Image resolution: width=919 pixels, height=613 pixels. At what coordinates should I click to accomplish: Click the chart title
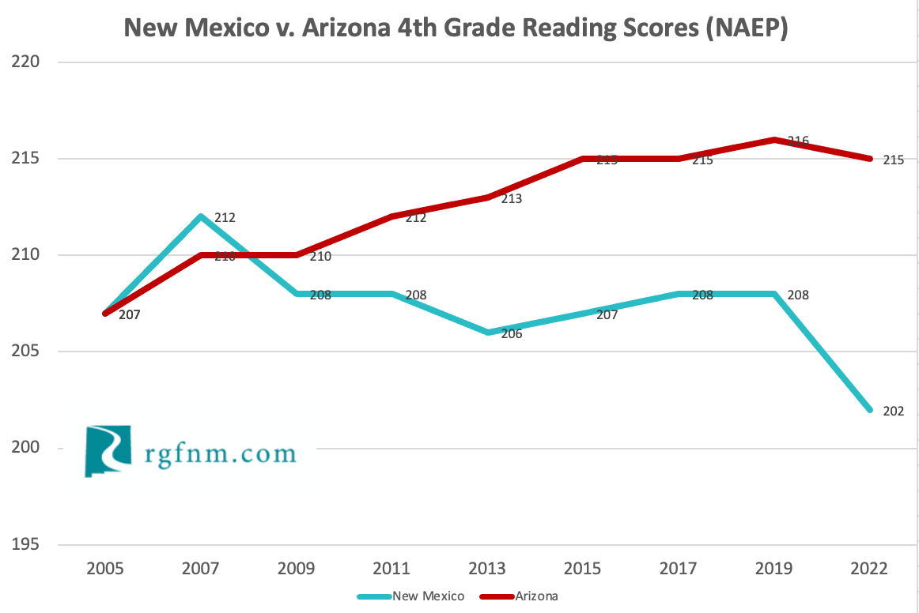tap(456, 29)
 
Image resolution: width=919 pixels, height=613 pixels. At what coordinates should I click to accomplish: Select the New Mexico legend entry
tap(427, 596)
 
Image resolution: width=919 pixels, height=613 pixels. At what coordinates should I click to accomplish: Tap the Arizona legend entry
tap(536, 596)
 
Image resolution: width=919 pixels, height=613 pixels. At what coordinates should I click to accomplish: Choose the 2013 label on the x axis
tap(487, 569)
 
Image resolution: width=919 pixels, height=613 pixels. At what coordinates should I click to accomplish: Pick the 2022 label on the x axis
tap(870, 569)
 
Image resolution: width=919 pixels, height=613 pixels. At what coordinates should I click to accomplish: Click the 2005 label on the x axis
tap(104, 569)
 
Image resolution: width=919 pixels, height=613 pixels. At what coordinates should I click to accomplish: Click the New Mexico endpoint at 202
tap(870, 410)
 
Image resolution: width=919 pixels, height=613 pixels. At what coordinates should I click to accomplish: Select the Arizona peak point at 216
tap(774, 140)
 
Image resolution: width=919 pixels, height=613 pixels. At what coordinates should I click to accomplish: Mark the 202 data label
tap(893, 411)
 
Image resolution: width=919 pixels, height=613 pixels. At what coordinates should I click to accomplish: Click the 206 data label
tap(511, 334)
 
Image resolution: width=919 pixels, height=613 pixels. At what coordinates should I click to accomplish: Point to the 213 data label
tap(511, 199)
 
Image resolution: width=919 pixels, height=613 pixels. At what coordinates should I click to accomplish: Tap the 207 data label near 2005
tap(128, 315)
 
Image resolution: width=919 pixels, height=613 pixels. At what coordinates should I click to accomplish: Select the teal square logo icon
tap(107, 451)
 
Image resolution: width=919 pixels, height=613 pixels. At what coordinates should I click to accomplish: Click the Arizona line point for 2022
tap(870, 159)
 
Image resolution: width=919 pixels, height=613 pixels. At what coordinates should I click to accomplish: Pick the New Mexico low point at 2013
tap(487, 333)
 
